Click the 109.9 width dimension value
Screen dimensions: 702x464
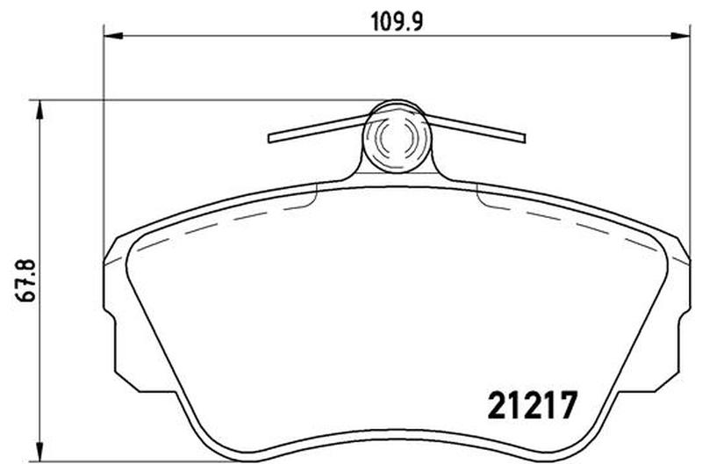click(398, 21)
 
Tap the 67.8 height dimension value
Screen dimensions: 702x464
click(27, 280)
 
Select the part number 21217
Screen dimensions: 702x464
click(533, 405)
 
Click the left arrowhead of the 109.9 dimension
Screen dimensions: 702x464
click(113, 35)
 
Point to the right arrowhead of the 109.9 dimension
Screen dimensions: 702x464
click(680, 35)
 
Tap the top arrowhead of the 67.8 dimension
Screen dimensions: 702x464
click(40, 109)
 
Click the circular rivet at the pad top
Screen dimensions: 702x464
click(397, 136)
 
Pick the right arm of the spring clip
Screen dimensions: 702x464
click(475, 129)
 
